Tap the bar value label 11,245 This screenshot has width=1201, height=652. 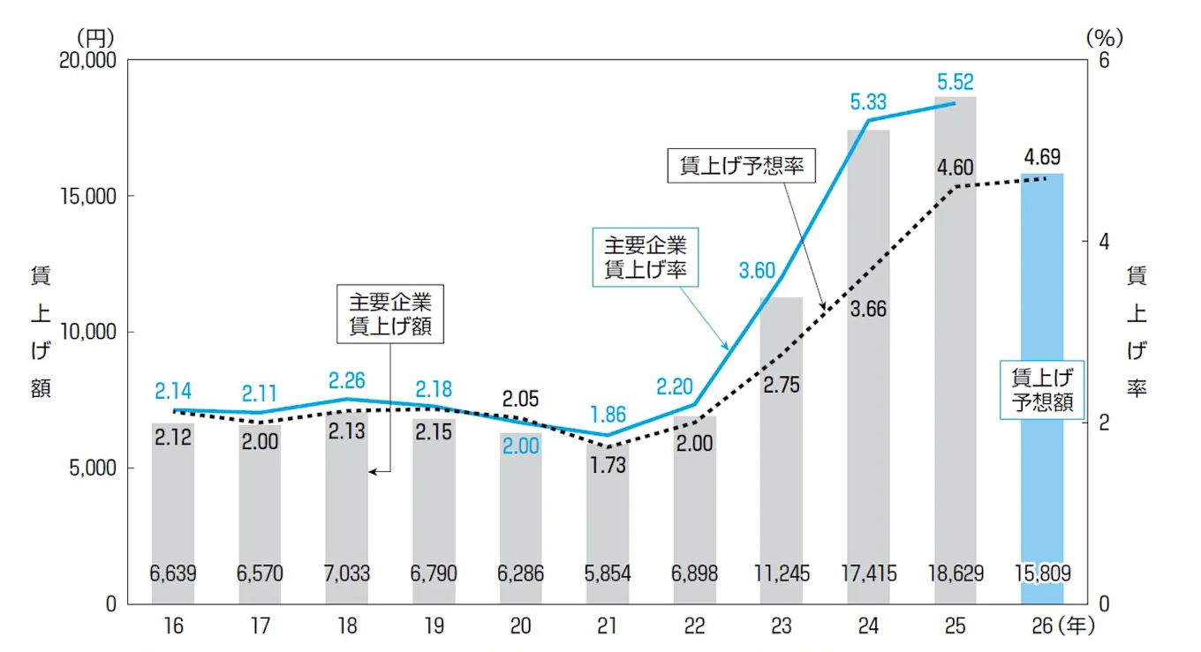click(781, 574)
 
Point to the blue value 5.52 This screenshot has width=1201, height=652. click(956, 82)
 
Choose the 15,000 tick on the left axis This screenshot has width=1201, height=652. click(92, 197)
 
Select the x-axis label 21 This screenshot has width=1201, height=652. click(608, 626)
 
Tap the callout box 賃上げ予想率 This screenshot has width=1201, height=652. click(742, 166)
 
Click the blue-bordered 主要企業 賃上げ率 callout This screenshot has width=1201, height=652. click(645, 258)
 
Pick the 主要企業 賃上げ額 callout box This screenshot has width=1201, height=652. click(390, 312)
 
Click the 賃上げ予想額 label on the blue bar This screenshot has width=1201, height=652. click(1042, 390)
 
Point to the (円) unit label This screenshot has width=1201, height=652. click(95, 38)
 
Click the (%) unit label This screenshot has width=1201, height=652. click(1102, 38)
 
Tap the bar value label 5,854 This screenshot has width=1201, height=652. click(608, 574)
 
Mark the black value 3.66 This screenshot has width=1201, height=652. click(867, 310)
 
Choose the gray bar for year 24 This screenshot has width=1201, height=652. click(867, 397)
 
